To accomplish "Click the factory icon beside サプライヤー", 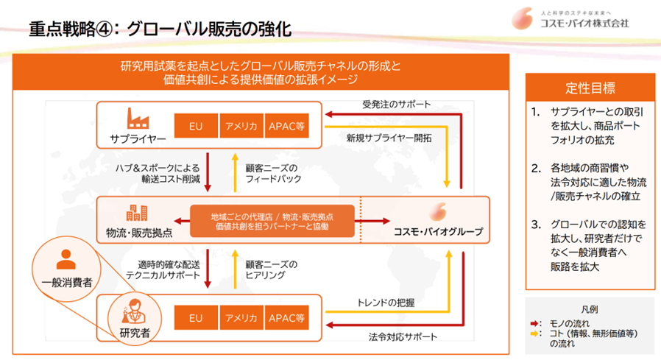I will point(138,118).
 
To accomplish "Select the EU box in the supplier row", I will point(195,127).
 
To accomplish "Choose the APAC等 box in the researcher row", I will point(286,319).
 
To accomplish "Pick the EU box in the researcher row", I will point(195,319).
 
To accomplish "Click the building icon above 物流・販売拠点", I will point(138,213).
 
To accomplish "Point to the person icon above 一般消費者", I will point(66,258).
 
